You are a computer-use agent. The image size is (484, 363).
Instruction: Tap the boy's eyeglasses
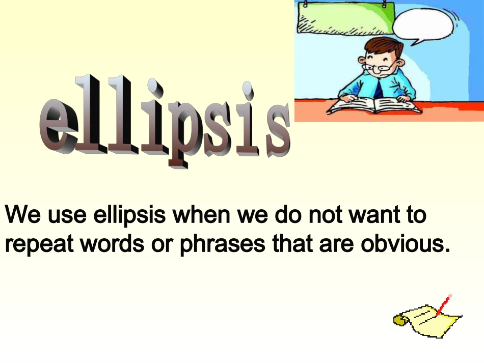[379, 66]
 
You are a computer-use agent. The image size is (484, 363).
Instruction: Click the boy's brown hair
[383, 48]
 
